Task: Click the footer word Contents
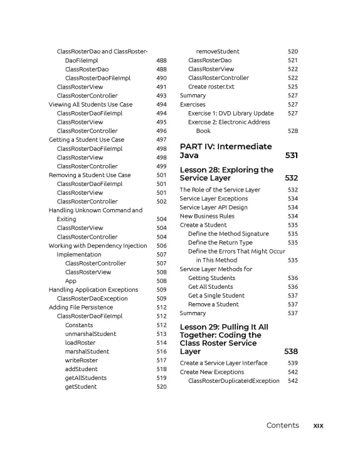(282, 426)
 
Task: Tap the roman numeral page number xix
(318, 426)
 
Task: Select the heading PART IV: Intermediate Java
(226, 151)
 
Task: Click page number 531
(291, 155)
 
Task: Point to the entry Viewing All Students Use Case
(90, 104)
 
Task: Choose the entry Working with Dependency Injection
(98, 245)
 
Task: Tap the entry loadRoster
(80, 343)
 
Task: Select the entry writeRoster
(80, 360)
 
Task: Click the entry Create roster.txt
(215, 87)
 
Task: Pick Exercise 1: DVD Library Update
(231, 113)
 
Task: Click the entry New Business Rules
(207, 216)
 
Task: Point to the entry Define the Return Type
(220, 242)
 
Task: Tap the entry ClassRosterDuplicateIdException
(234, 380)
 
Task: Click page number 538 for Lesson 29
(291, 352)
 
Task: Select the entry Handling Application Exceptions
(93, 290)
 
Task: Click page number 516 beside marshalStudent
(161, 352)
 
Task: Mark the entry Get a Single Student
(216, 295)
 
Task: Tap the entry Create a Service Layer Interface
(223, 363)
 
